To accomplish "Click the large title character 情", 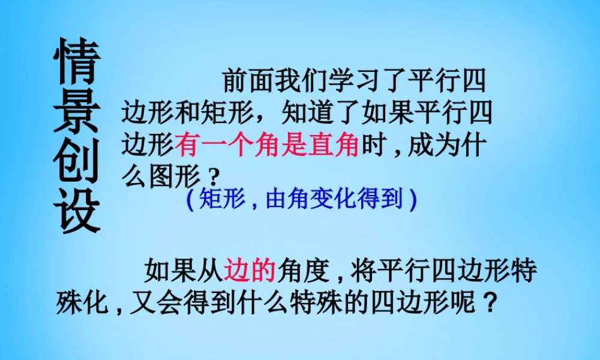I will [x=77, y=62].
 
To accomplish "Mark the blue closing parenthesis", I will [x=412, y=200].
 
